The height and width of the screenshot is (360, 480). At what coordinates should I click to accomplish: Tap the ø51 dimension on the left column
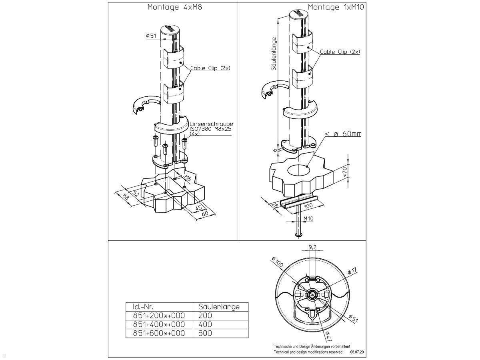click(x=151, y=36)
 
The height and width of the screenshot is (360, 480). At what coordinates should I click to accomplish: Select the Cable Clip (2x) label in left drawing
click(x=210, y=68)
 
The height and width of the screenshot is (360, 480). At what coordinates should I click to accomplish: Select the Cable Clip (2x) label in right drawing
click(x=340, y=52)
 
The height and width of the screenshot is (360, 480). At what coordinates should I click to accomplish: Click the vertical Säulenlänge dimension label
click(x=274, y=54)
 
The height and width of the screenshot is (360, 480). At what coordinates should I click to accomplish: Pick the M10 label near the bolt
click(x=308, y=218)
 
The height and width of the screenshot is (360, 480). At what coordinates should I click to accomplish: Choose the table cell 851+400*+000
click(x=159, y=324)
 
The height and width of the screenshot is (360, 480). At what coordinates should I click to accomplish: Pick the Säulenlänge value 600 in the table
click(x=205, y=333)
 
